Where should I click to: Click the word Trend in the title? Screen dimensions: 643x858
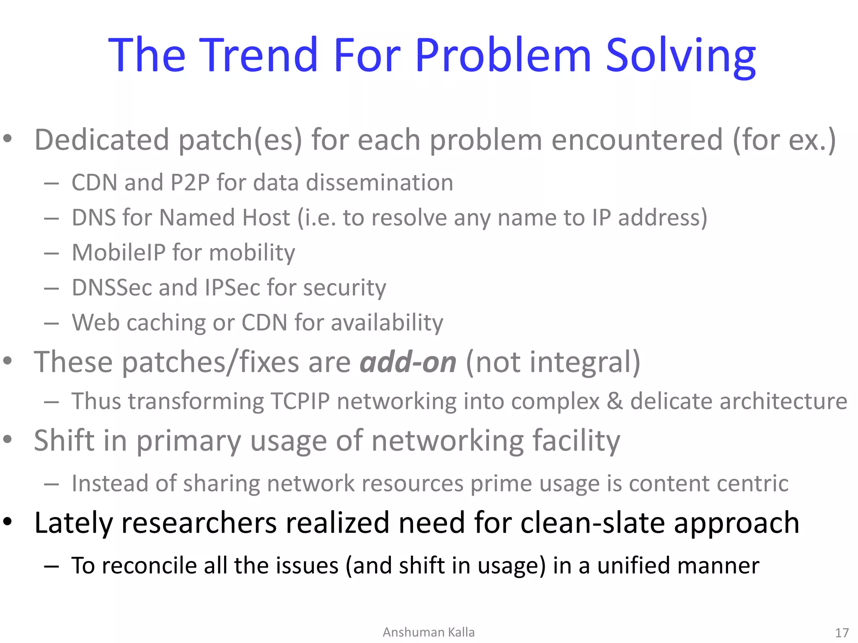click(x=258, y=55)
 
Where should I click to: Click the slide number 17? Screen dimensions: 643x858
click(x=841, y=633)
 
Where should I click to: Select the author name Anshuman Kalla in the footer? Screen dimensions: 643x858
click(x=429, y=632)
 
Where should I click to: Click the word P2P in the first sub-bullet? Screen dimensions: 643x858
click(x=190, y=183)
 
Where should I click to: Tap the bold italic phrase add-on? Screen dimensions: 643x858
click(x=408, y=362)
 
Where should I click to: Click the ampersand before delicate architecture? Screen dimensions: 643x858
click(x=615, y=401)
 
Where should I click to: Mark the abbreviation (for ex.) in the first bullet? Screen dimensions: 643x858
click(x=784, y=139)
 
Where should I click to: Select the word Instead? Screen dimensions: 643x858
click(x=110, y=484)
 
